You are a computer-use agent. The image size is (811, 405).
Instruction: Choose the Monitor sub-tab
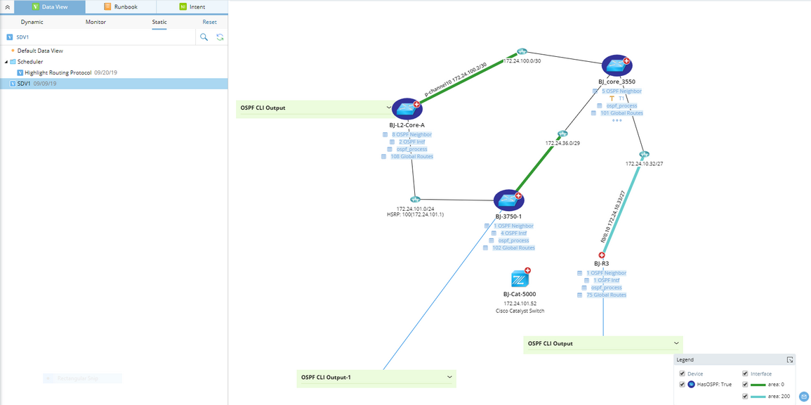[95, 22]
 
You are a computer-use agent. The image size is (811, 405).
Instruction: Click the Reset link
[209, 22]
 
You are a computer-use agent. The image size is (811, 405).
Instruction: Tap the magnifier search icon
[204, 37]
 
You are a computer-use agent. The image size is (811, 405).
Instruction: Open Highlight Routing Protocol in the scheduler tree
[58, 72]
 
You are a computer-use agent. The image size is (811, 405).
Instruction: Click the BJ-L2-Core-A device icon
[406, 108]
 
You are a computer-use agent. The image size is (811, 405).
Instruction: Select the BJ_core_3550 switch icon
[616, 65]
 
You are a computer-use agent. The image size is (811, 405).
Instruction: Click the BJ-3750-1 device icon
[508, 200]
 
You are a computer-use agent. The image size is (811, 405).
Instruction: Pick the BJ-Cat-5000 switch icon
[520, 278]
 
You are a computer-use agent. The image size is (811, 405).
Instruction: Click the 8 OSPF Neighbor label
[411, 134]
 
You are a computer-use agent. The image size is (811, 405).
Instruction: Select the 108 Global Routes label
[411, 157]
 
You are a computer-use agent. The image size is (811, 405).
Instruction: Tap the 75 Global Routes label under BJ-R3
[605, 295]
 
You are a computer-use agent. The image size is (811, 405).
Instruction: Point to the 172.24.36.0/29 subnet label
[562, 143]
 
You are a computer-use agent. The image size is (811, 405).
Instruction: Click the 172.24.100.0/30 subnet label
[522, 61]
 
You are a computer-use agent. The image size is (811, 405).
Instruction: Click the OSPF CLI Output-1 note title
[326, 378]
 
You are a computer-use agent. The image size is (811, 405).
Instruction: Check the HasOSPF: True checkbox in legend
[682, 385]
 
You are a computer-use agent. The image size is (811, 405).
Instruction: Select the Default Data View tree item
[40, 51]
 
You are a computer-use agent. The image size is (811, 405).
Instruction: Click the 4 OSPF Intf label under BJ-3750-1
[513, 233]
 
